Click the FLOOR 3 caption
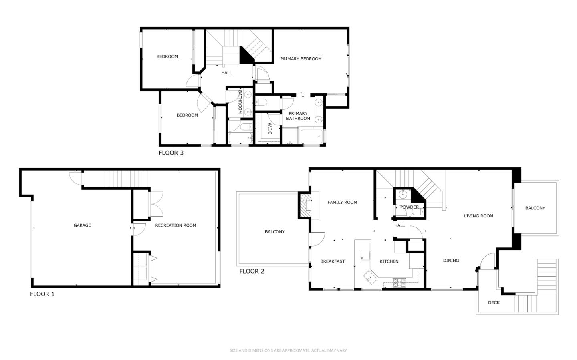point(171,153)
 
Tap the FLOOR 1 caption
point(42,294)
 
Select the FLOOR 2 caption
point(252,271)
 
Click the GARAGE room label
point(82,225)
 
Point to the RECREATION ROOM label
point(176,225)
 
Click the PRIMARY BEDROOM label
point(301,59)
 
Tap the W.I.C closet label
point(270,129)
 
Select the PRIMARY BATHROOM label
point(298,116)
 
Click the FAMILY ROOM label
point(342,202)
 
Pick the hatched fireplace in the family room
point(305,205)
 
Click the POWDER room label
point(409,207)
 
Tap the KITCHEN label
point(389,261)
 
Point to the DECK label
point(494,302)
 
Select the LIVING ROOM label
point(478,216)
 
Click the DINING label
point(451,261)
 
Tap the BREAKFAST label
point(333,261)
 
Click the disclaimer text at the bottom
point(288,350)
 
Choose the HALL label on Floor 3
point(226,73)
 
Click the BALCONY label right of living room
point(535,208)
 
